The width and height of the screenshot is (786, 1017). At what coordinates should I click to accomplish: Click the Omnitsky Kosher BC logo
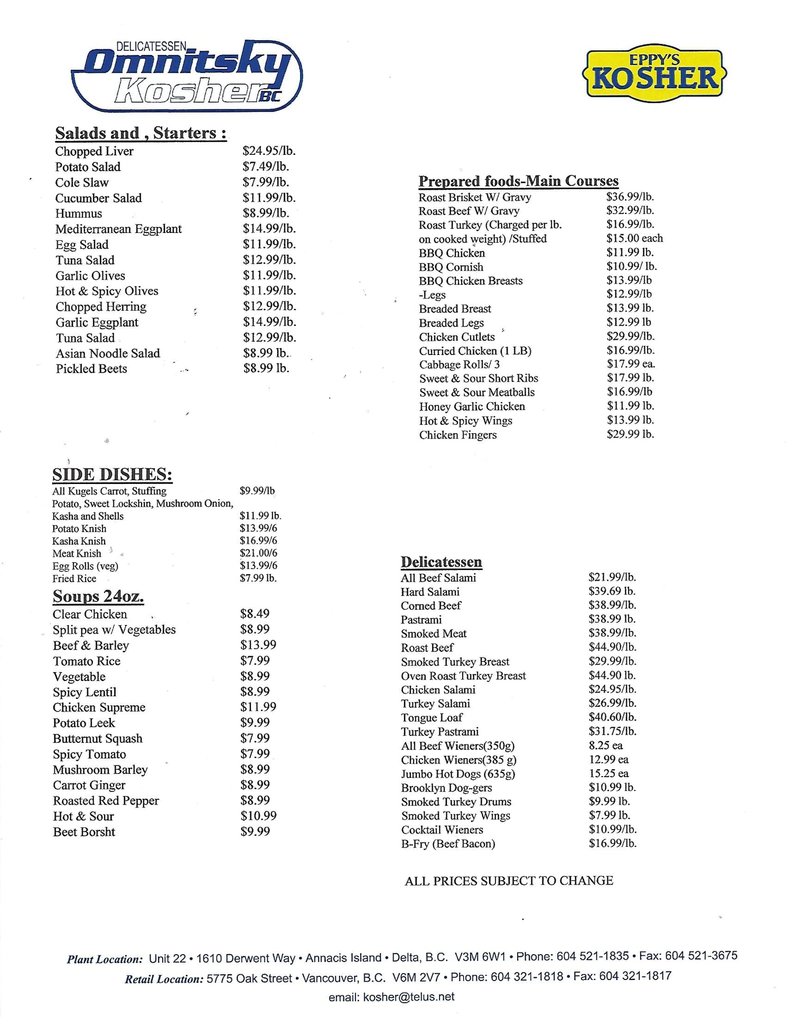tap(186, 76)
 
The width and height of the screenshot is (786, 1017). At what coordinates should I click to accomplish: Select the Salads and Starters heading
tap(141, 133)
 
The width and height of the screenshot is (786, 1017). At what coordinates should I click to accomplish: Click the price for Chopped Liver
tap(269, 151)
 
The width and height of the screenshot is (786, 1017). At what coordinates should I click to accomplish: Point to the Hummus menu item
tap(79, 213)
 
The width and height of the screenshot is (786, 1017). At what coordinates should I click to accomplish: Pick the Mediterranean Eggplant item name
tap(118, 229)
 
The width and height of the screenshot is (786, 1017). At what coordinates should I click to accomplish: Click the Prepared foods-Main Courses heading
tap(518, 181)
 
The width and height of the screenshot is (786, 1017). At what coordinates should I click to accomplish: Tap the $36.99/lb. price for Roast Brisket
tap(630, 197)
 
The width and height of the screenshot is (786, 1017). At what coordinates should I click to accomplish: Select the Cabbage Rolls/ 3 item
tap(459, 365)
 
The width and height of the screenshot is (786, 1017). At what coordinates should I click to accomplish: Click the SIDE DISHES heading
tap(112, 474)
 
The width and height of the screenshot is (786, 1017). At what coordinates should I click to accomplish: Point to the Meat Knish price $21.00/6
tap(258, 553)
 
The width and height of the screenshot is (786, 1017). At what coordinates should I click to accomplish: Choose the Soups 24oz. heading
tap(98, 596)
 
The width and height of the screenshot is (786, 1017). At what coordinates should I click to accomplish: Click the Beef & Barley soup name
tap(91, 646)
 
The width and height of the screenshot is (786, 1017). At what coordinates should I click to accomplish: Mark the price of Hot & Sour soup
tap(258, 816)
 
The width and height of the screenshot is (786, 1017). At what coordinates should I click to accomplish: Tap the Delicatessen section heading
tap(441, 562)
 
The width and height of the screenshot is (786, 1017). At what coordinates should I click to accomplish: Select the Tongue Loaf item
tap(432, 717)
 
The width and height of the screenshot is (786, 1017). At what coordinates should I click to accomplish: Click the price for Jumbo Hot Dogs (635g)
tap(609, 773)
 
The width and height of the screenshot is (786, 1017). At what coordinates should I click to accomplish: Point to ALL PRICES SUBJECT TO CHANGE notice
tap(509, 881)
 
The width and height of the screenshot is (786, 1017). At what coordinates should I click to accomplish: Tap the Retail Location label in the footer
tap(164, 979)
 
